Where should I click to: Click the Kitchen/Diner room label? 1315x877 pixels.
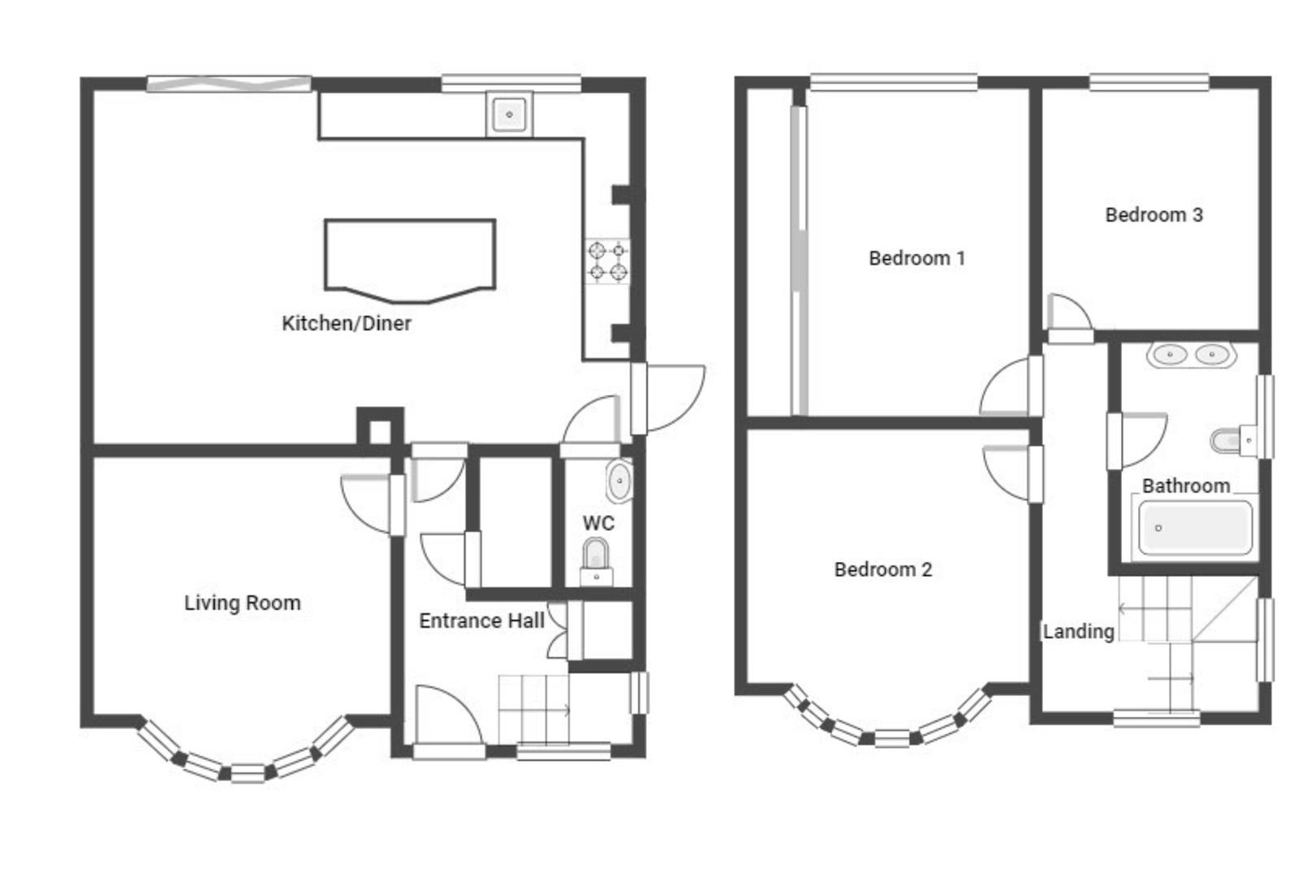347,323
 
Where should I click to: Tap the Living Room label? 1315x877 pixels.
243,603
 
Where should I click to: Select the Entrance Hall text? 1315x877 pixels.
481,621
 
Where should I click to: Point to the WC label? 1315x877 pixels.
598,524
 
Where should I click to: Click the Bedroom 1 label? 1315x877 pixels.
917,258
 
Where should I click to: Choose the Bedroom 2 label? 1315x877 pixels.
883,569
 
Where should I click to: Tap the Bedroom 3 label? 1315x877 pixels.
1154,215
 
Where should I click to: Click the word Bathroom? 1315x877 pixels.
1186,486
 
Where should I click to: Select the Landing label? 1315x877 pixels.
1079,632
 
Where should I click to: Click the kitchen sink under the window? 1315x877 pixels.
509,114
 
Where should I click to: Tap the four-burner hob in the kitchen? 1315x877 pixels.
607,261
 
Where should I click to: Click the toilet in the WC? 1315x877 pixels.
596,562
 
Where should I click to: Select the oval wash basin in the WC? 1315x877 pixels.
619,482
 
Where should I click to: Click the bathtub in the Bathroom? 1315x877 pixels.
1195,528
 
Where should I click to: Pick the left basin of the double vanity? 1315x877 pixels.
1170,355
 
